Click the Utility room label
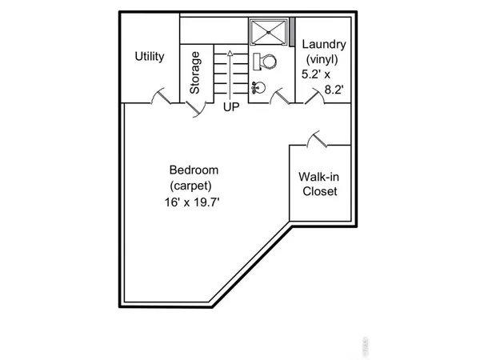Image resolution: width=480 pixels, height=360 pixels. coord(150,57)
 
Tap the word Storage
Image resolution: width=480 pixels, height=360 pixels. coord(194,73)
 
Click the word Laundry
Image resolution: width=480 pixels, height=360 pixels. coord(325,44)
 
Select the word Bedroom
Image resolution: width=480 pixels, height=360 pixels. coord(194,170)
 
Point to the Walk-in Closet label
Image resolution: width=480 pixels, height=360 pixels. coord(318,184)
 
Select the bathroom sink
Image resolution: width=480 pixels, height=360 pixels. coord(258,86)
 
